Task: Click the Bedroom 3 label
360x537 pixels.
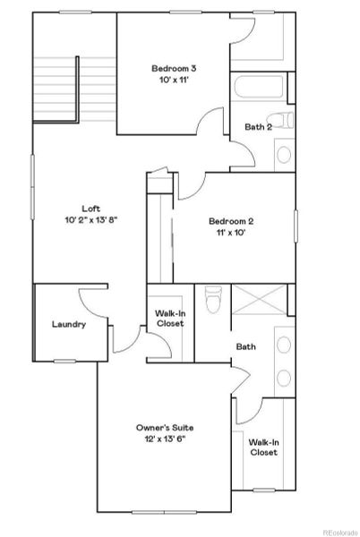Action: (174, 68)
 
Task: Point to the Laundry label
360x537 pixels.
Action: (69, 324)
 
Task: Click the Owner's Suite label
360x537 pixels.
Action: (165, 427)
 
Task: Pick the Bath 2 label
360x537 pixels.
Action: (258, 126)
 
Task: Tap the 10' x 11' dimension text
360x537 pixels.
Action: (174, 80)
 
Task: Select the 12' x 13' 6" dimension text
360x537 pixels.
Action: (165, 439)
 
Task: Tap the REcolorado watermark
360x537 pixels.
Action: (339, 530)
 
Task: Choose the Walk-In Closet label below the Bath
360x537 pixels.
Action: (263, 447)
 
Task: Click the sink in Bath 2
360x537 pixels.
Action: (283, 154)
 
